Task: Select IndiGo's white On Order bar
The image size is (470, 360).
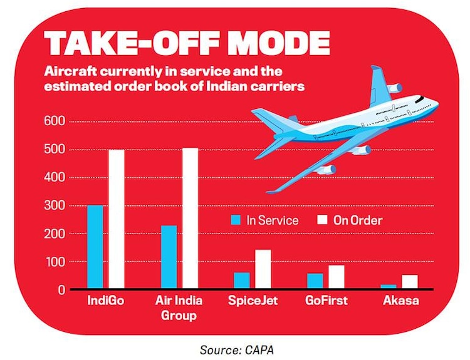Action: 117,219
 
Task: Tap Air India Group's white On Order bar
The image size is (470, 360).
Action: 190,219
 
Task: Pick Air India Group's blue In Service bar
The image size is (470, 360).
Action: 169,257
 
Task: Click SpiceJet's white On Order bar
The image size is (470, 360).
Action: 263,269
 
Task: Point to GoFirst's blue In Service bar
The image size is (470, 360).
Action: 315,281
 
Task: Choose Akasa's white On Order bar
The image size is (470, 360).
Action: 410,282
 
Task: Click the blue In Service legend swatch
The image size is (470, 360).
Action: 236,220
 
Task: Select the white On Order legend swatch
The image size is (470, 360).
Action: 324,220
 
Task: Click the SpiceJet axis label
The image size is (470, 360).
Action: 253,301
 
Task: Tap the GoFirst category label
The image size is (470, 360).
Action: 326,301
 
